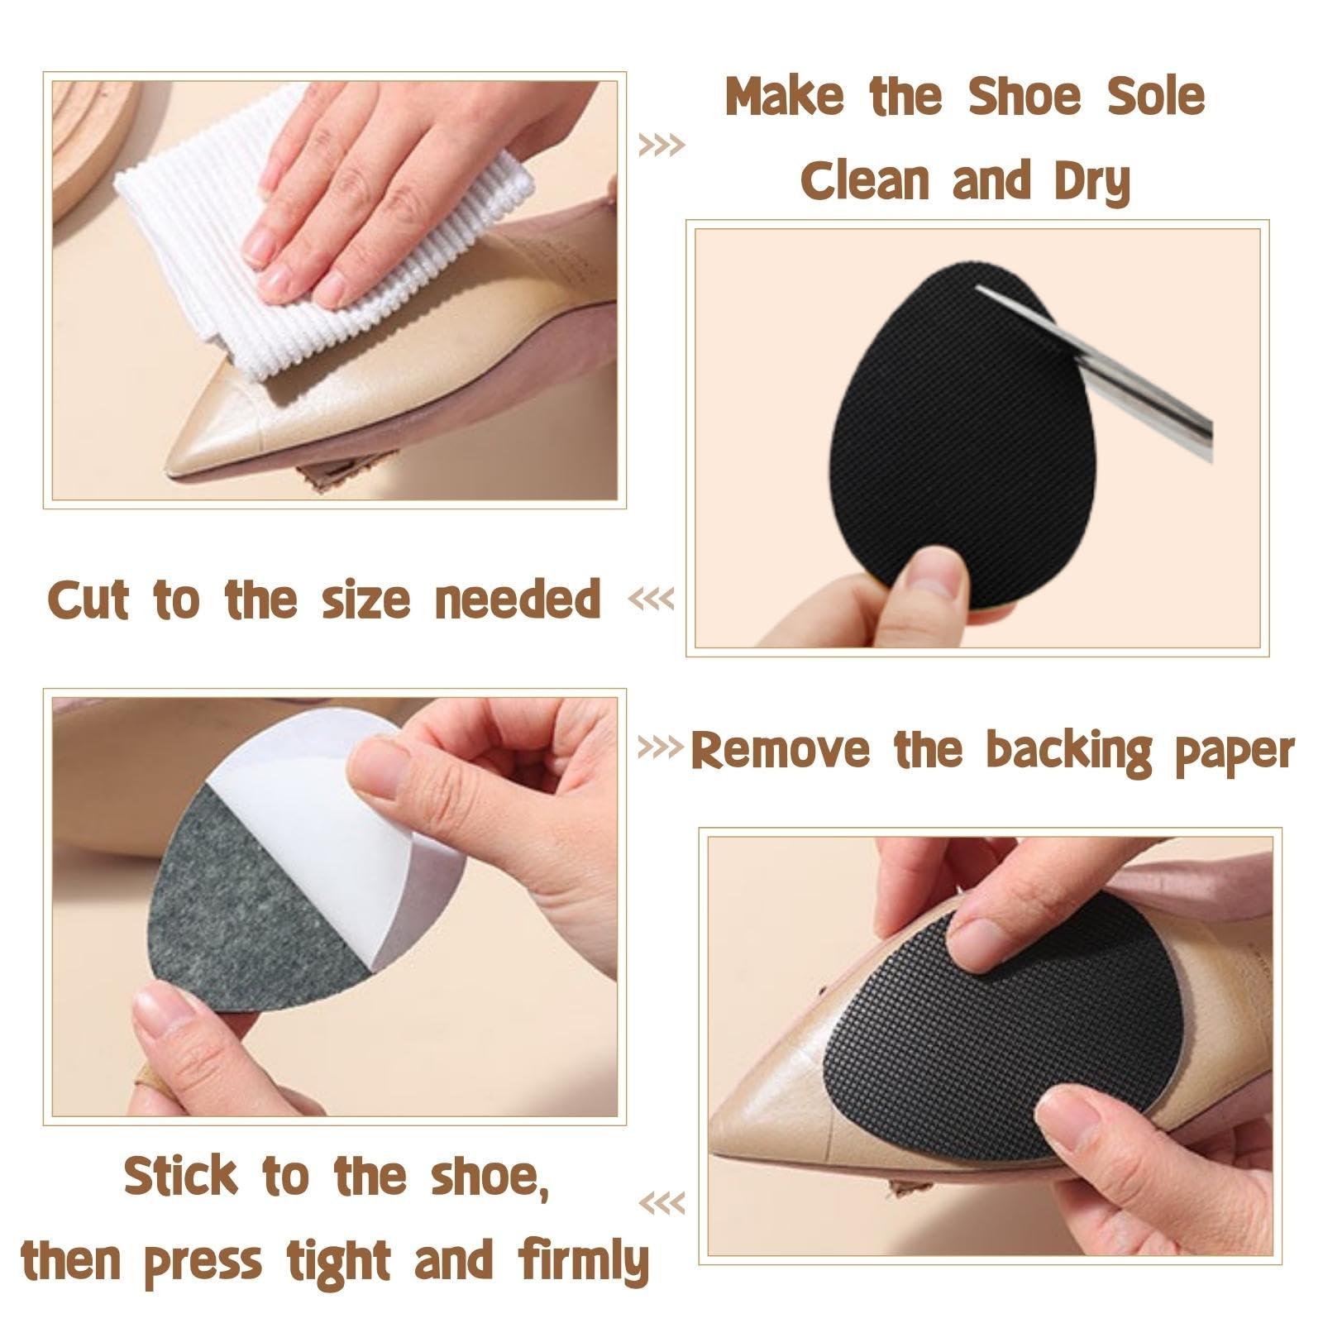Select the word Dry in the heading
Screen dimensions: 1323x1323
point(1091,182)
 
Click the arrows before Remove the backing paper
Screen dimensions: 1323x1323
point(661,748)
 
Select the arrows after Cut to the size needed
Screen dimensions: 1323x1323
point(652,598)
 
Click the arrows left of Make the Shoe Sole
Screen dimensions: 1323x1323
point(662,146)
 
